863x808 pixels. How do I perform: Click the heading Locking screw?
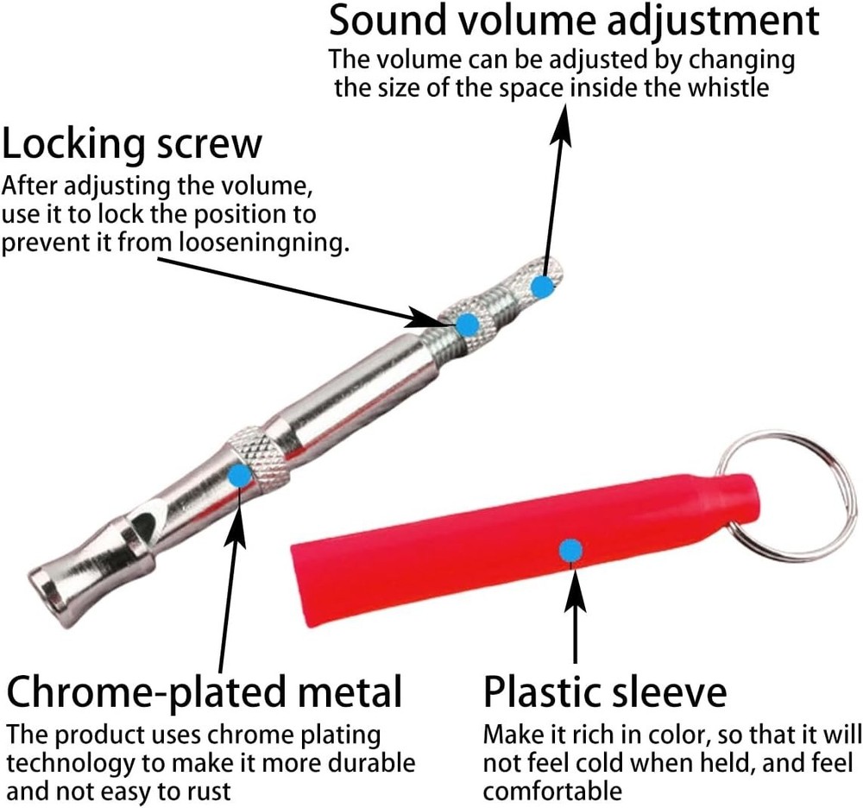pos(132,145)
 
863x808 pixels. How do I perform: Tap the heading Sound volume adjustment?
pos(574,21)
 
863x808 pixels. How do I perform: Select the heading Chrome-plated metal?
pos(205,691)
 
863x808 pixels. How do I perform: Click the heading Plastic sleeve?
pos(605,691)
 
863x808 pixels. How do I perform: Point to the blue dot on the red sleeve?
pos(571,551)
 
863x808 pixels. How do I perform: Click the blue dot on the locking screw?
pos(468,325)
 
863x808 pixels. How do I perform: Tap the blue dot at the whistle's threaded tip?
pos(543,287)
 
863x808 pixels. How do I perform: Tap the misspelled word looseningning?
pos(265,243)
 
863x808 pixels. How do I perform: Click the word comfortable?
pos(552,791)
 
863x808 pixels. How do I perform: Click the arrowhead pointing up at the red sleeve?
pos(576,589)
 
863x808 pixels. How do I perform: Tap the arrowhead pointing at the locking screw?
pos(432,319)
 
